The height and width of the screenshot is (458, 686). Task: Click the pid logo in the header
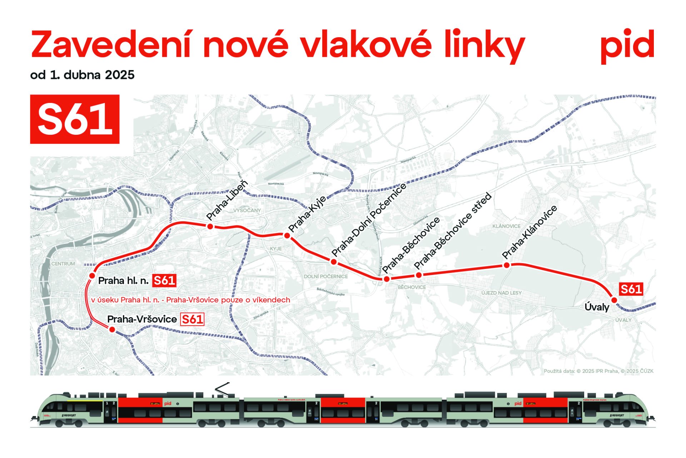pos(627,45)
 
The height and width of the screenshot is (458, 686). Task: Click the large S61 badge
pos(75,119)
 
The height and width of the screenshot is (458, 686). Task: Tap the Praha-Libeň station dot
pos(210,226)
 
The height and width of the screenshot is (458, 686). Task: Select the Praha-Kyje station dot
pos(287,235)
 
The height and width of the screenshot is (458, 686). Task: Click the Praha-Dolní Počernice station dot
pos(334,262)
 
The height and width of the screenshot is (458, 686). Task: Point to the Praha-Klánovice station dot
pos(506,265)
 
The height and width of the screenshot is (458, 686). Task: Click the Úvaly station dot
pos(614,300)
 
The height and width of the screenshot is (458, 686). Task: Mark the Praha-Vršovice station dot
pos(112,330)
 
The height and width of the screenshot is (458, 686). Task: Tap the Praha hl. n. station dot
pos(92,276)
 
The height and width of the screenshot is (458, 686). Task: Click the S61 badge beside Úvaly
pos(631,289)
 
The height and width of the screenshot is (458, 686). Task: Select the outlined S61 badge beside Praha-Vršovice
pos(192,319)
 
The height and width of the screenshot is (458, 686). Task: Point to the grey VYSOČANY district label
pos(247,210)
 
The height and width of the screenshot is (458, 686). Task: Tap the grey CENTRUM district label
pos(63,264)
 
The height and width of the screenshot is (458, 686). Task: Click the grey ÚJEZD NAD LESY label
pos(501,293)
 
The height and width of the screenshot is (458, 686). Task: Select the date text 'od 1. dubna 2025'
pos(82,75)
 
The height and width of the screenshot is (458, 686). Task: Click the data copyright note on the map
pos(598,371)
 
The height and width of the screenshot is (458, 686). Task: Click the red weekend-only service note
pos(190,300)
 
